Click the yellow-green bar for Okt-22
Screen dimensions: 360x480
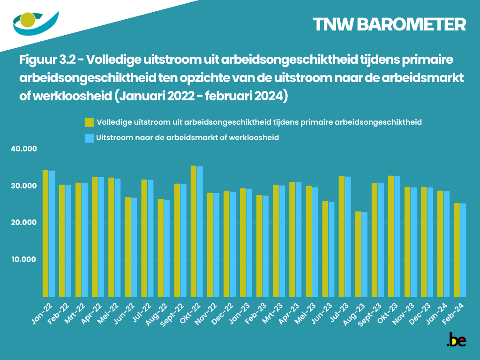click(x=194, y=231)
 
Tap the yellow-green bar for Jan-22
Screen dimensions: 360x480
click(x=45, y=233)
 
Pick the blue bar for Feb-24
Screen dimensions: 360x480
click(x=463, y=250)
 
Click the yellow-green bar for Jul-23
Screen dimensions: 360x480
click(x=342, y=236)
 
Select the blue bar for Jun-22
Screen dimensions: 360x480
click(x=134, y=247)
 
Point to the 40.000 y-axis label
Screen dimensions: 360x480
click(x=23, y=149)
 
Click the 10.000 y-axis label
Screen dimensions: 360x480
click(x=23, y=259)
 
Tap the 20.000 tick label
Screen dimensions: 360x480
click(x=23, y=222)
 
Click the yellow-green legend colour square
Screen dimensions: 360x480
click(x=89, y=122)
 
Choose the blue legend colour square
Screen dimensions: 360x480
click(x=89, y=138)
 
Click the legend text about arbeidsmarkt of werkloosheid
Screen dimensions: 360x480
click(x=187, y=138)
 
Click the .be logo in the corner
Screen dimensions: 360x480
click(x=456, y=340)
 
